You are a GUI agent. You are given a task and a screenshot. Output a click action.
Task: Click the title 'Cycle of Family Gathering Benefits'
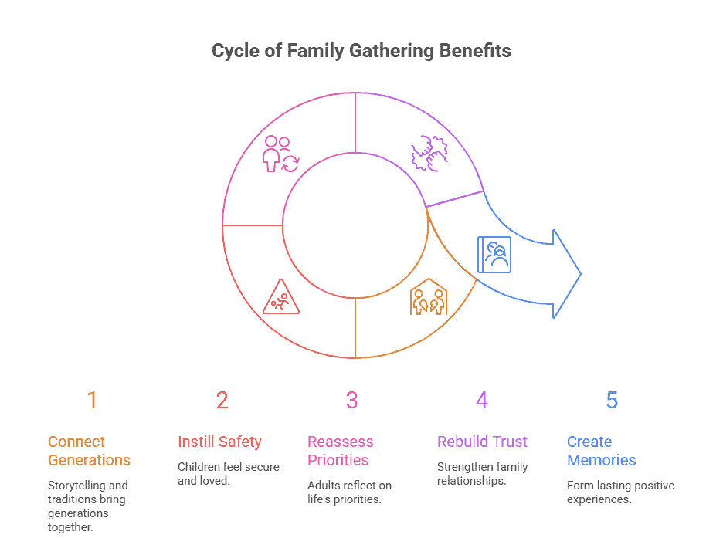(x=361, y=52)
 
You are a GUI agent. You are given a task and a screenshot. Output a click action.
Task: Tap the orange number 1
(x=92, y=401)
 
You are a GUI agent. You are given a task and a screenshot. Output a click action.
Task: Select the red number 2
(x=222, y=401)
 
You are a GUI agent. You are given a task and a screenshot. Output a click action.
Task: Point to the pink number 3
(x=351, y=401)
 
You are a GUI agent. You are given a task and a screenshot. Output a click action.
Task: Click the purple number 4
(x=482, y=401)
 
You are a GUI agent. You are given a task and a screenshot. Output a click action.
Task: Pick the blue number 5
(x=612, y=401)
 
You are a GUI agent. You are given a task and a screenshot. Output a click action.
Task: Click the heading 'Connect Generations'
(x=89, y=451)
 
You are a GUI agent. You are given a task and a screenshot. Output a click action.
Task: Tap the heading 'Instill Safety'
(x=219, y=442)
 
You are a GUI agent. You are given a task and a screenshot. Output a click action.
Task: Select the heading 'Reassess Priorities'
(x=340, y=451)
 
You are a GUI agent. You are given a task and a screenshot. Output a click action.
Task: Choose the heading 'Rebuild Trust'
(x=482, y=442)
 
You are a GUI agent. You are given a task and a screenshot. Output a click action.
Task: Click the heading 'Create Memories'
(x=601, y=451)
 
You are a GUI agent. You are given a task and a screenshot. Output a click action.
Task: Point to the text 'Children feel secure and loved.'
(x=228, y=473)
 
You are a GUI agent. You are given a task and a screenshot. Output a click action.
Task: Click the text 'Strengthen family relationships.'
(x=482, y=473)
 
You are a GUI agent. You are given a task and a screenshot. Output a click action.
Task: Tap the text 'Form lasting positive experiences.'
(x=620, y=492)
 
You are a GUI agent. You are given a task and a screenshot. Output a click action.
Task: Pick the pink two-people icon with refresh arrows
(x=280, y=153)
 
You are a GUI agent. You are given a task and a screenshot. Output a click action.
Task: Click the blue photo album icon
(x=494, y=255)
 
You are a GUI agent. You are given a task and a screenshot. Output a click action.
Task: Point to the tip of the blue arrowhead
(x=580, y=273)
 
